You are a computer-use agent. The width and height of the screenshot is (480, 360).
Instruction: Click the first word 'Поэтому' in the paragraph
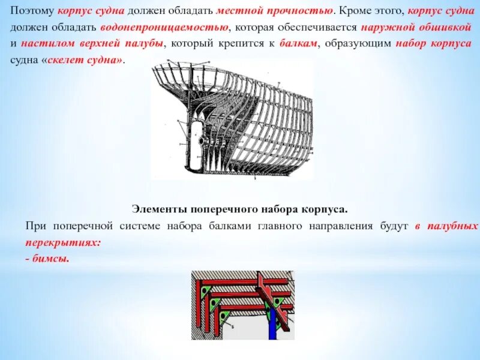(x=34, y=11)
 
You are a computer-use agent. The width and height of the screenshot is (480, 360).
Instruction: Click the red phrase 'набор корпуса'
(x=433, y=45)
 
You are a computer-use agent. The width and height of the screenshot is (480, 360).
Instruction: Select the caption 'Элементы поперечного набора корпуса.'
(x=239, y=209)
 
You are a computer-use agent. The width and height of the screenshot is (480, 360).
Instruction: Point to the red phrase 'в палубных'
(x=446, y=227)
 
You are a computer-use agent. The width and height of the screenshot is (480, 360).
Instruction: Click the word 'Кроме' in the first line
(x=358, y=11)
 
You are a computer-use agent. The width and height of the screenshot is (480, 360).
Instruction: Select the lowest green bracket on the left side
(x=226, y=316)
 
